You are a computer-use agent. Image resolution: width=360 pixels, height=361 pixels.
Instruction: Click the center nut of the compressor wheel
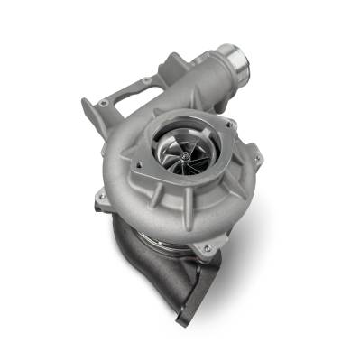pyautogui.click(x=180, y=157)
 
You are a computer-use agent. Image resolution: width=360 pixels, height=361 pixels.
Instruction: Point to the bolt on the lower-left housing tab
pyautogui.click(x=102, y=196)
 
